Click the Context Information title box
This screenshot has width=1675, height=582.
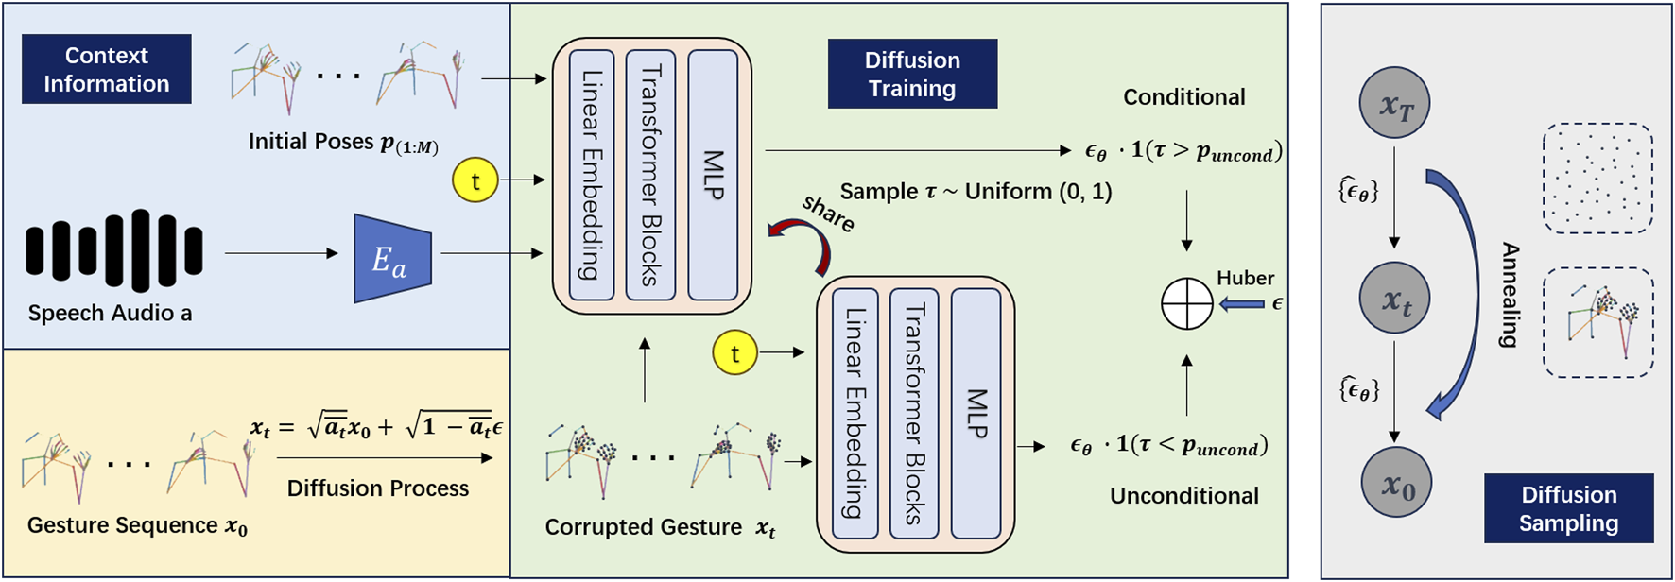106,69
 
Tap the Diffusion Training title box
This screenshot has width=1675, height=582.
912,74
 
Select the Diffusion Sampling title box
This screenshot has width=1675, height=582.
1568,508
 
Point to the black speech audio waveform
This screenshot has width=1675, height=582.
114,251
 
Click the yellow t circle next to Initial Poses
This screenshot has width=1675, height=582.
475,180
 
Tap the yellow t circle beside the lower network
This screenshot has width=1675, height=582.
734,352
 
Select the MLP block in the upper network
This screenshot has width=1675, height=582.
713,175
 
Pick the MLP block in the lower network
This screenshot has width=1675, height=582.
976,413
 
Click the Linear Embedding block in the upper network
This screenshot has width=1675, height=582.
592,175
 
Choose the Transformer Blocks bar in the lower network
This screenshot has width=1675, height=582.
914,413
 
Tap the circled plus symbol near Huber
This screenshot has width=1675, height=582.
1186,303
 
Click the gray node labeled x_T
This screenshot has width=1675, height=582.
1394,103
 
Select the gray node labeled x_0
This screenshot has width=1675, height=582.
1396,483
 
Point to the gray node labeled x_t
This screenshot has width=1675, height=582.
1394,299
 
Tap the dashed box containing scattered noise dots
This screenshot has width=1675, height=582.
1597,178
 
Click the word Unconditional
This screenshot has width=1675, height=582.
1183,496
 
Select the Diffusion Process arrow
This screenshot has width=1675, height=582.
385,458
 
